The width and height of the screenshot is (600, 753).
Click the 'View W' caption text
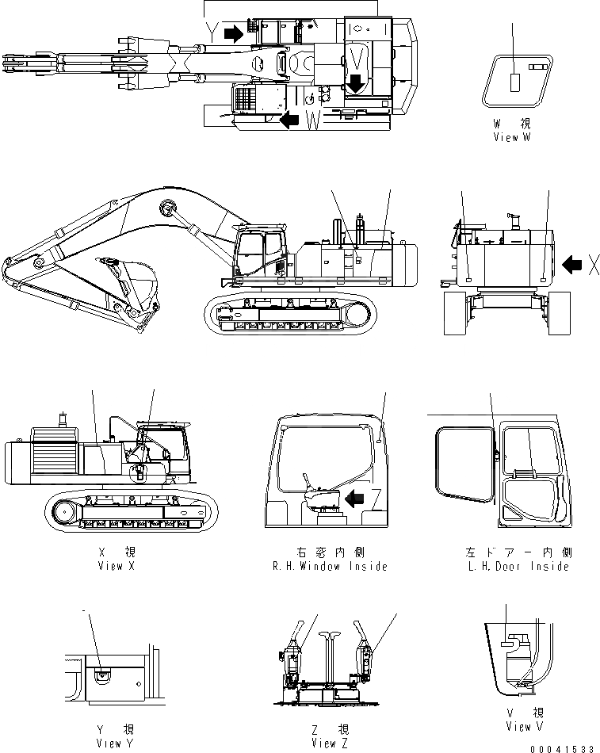(510, 137)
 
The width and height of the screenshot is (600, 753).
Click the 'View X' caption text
(110, 566)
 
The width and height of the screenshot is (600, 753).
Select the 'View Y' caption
(109, 743)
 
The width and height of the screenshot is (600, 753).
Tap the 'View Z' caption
(325, 743)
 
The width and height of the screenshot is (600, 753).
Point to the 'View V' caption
(524, 726)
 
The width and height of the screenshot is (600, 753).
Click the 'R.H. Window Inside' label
(328, 566)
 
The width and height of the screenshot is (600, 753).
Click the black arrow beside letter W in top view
(290, 120)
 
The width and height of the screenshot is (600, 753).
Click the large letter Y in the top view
(212, 31)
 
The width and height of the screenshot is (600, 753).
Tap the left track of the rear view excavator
(455, 313)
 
